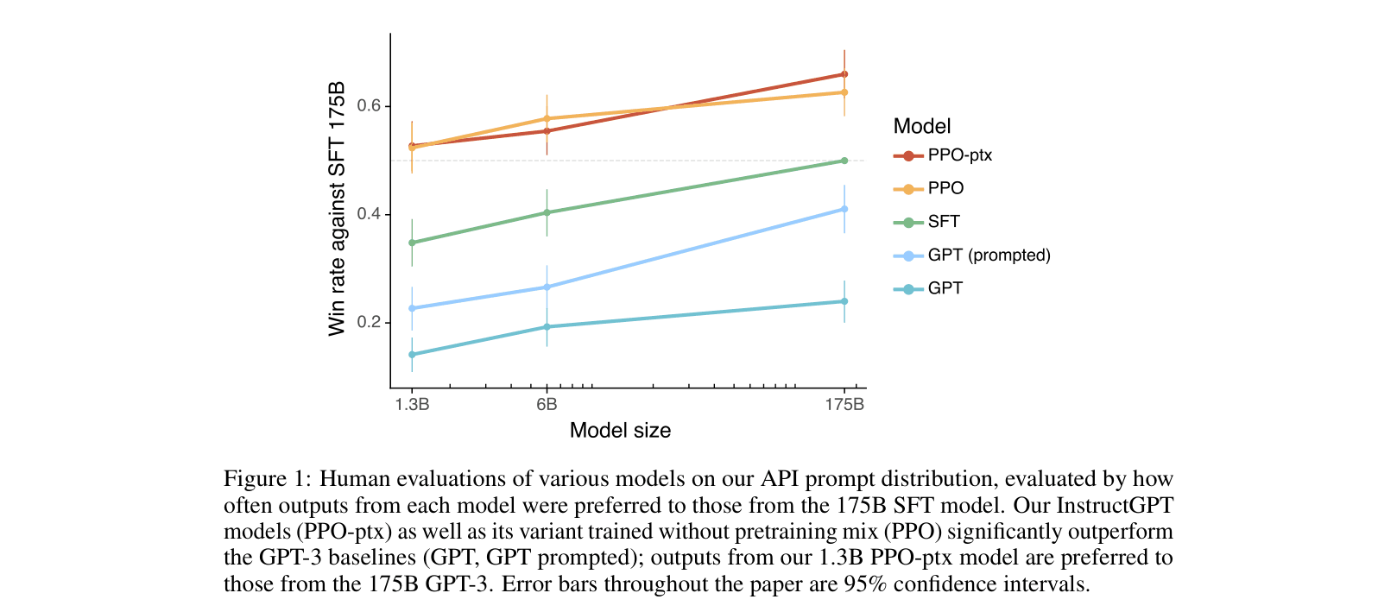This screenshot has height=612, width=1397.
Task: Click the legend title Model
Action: [921, 127]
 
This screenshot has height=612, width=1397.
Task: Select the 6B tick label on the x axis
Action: [547, 405]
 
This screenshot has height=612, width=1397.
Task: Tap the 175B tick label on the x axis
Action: [844, 405]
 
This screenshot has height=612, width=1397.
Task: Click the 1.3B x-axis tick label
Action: [412, 405]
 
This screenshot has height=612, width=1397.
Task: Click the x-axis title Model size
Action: [620, 431]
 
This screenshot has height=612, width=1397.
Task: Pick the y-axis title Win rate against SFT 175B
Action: [337, 209]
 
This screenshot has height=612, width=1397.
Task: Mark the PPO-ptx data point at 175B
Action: [844, 74]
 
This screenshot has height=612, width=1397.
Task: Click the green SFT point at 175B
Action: [844, 161]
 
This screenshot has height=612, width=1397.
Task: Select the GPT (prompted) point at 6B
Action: [547, 287]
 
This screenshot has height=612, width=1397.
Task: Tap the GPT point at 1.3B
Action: [412, 355]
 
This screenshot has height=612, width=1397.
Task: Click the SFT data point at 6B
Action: [547, 212]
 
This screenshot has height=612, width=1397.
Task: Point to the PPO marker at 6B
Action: [547, 118]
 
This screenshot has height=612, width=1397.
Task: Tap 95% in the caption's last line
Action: [865, 584]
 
